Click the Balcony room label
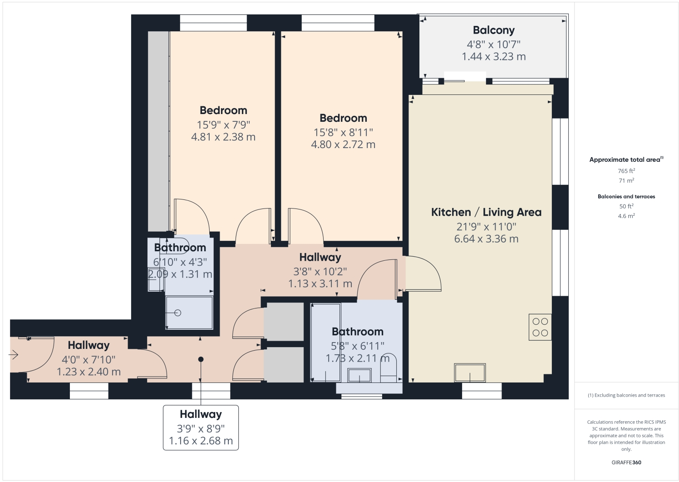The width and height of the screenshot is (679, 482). pyautogui.click(x=493, y=30)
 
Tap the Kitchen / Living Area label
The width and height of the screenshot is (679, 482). pyautogui.click(x=486, y=212)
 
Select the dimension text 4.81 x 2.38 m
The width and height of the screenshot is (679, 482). pyautogui.click(x=223, y=137)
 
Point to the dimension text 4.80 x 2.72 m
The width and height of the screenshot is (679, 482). pyautogui.click(x=343, y=144)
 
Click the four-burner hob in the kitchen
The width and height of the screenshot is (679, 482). pyautogui.click(x=540, y=327)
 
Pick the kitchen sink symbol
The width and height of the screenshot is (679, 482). pyautogui.click(x=470, y=373)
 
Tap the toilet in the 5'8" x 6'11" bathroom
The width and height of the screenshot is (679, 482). pyautogui.click(x=389, y=366)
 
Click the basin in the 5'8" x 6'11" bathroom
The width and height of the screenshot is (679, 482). pyautogui.click(x=359, y=375)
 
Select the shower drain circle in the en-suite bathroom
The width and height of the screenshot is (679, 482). pyautogui.click(x=177, y=313)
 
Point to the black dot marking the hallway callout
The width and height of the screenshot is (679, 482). pyautogui.click(x=201, y=359)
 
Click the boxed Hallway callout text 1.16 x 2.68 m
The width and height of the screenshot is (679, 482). pyautogui.click(x=201, y=441)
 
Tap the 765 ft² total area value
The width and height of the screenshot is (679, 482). pyautogui.click(x=626, y=171)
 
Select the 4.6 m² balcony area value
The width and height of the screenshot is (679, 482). pyautogui.click(x=626, y=216)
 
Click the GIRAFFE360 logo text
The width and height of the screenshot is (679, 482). pyautogui.click(x=626, y=462)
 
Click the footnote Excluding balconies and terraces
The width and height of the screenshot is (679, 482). pyautogui.click(x=626, y=395)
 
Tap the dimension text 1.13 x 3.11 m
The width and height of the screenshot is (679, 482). pyautogui.click(x=320, y=284)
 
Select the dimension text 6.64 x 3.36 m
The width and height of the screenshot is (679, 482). pyautogui.click(x=486, y=239)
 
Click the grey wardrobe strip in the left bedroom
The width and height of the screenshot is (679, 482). pyautogui.click(x=158, y=132)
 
